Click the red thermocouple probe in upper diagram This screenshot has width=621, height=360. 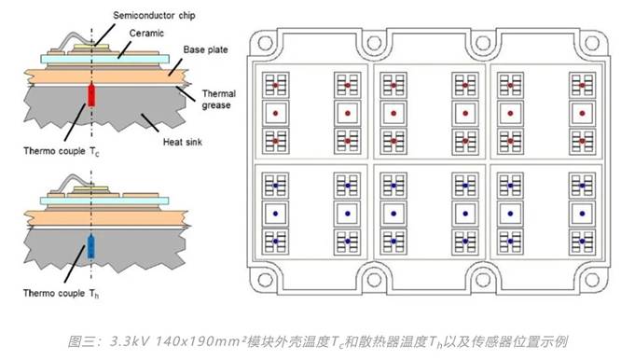point(90,94)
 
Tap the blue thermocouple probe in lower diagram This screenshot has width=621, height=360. point(90,247)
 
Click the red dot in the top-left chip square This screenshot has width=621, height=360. point(274,85)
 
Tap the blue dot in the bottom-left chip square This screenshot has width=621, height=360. point(274,242)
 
